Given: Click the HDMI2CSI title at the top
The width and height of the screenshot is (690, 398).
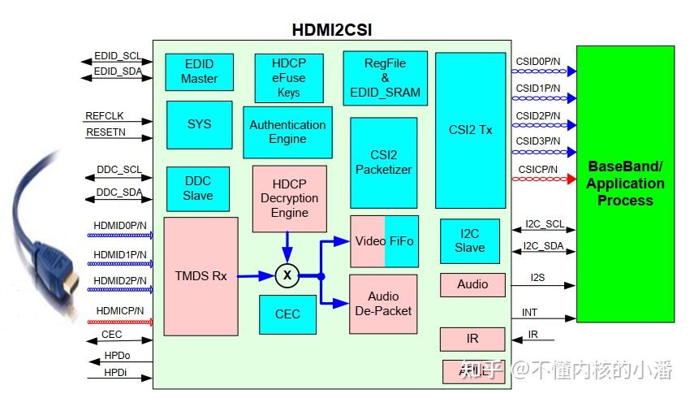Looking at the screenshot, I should (332, 30).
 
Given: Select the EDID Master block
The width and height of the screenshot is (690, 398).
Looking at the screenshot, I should (199, 72).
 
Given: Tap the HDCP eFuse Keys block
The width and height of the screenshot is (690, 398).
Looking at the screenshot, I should (288, 78).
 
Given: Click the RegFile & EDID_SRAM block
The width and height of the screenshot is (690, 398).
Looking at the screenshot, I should (385, 78).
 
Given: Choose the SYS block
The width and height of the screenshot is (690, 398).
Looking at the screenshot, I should (199, 124).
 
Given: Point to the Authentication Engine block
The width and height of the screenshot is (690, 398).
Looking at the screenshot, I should (287, 132).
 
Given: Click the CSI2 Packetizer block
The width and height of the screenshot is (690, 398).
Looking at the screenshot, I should (383, 162).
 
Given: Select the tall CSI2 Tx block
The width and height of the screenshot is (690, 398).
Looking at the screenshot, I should (470, 130).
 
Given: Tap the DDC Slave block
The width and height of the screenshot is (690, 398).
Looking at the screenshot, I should (197, 188).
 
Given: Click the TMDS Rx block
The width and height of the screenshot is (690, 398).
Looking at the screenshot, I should (201, 275).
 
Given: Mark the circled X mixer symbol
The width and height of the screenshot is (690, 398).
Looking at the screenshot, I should (287, 275).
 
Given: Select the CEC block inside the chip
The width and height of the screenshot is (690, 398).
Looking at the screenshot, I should (287, 314).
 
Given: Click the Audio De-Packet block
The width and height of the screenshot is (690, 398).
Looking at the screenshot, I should (383, 304).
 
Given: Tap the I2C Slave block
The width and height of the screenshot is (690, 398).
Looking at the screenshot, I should (469, 241).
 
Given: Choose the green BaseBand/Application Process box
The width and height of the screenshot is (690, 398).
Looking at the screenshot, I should (625, 184).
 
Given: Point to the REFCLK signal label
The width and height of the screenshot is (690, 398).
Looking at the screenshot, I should (105, 116).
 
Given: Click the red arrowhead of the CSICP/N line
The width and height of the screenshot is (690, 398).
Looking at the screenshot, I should (571, 179).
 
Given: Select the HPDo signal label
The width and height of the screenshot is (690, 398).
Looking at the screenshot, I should (116, 357).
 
